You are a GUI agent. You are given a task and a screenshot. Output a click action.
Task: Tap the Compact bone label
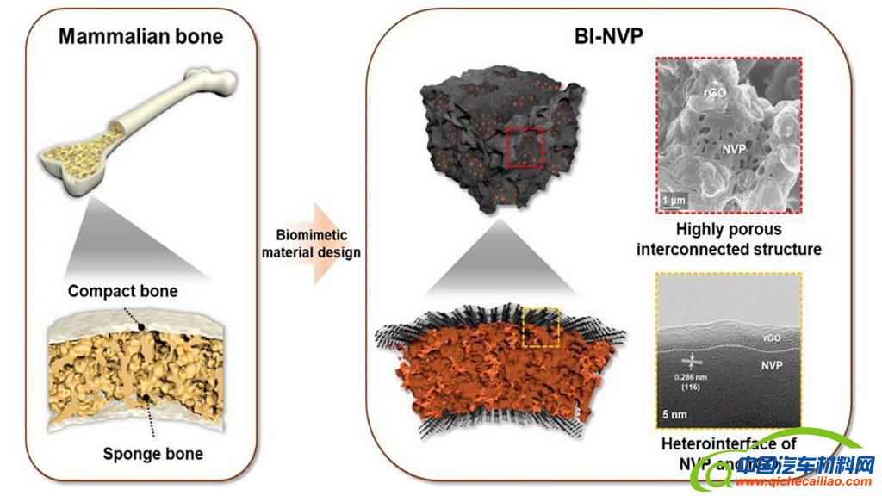pyautogui.click(x=122, y=291)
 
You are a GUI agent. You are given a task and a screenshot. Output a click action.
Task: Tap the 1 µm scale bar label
pyautogui.click(x=676, y=201)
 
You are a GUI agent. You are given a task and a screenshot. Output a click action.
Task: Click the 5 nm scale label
pyautogui.click(x=674, y=412)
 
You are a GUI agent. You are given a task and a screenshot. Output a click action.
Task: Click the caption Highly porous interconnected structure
pyautogui.click(x=729, y=239)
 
